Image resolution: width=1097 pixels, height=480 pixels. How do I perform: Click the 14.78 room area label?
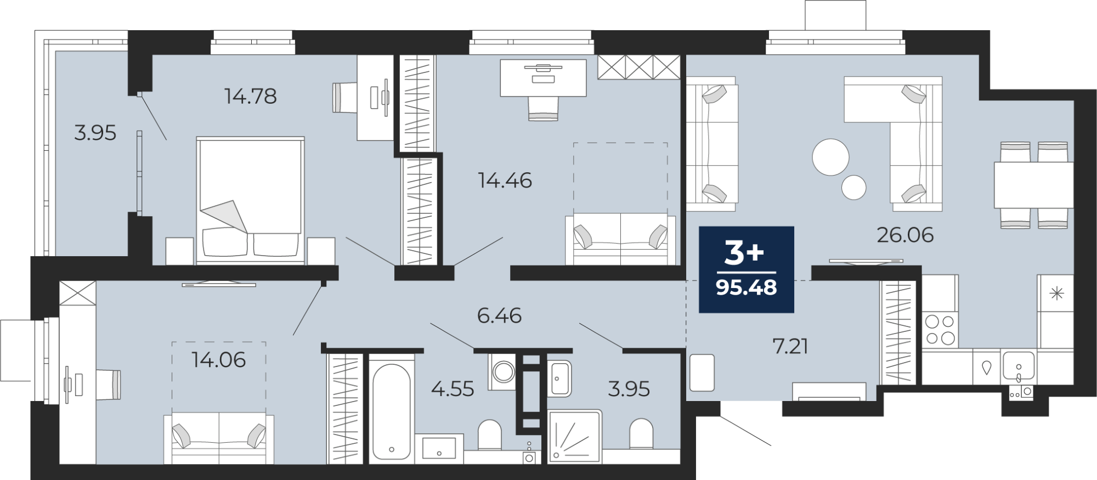[x=250, y=97]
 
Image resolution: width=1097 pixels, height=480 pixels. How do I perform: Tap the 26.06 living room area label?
[x=905, y=235]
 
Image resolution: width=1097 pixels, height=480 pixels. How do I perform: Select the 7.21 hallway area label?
[x=790, y=346]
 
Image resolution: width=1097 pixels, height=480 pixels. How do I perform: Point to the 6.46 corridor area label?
[x=499, y=315]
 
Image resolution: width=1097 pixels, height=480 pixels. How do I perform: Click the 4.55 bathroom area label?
[x=453, y=389]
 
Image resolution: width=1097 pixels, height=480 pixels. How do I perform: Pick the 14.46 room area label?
[x=505, y=180]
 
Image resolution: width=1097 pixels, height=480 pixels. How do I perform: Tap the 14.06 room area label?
[x=218, y=360]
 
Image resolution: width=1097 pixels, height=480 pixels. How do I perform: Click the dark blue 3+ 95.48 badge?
[x=747, y=269]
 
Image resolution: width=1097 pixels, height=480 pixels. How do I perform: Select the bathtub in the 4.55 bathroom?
[x=392, y=411]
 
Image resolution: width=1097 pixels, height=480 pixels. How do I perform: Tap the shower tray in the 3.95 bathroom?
[x=574, y=437]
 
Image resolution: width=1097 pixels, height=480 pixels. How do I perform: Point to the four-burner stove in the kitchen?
[x=940, y=329]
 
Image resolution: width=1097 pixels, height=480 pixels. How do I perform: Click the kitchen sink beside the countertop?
[x=1019, y=366]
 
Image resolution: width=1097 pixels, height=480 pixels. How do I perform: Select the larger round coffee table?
[x=830, y=157]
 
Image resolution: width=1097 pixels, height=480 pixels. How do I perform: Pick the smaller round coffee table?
[x=853, y=187]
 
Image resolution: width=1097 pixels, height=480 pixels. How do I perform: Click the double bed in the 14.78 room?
[x=250, y=200]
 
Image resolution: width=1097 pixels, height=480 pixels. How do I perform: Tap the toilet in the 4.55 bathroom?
[x=490, y=436]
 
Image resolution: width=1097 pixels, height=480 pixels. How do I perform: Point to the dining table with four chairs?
[x=1034, y=185]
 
